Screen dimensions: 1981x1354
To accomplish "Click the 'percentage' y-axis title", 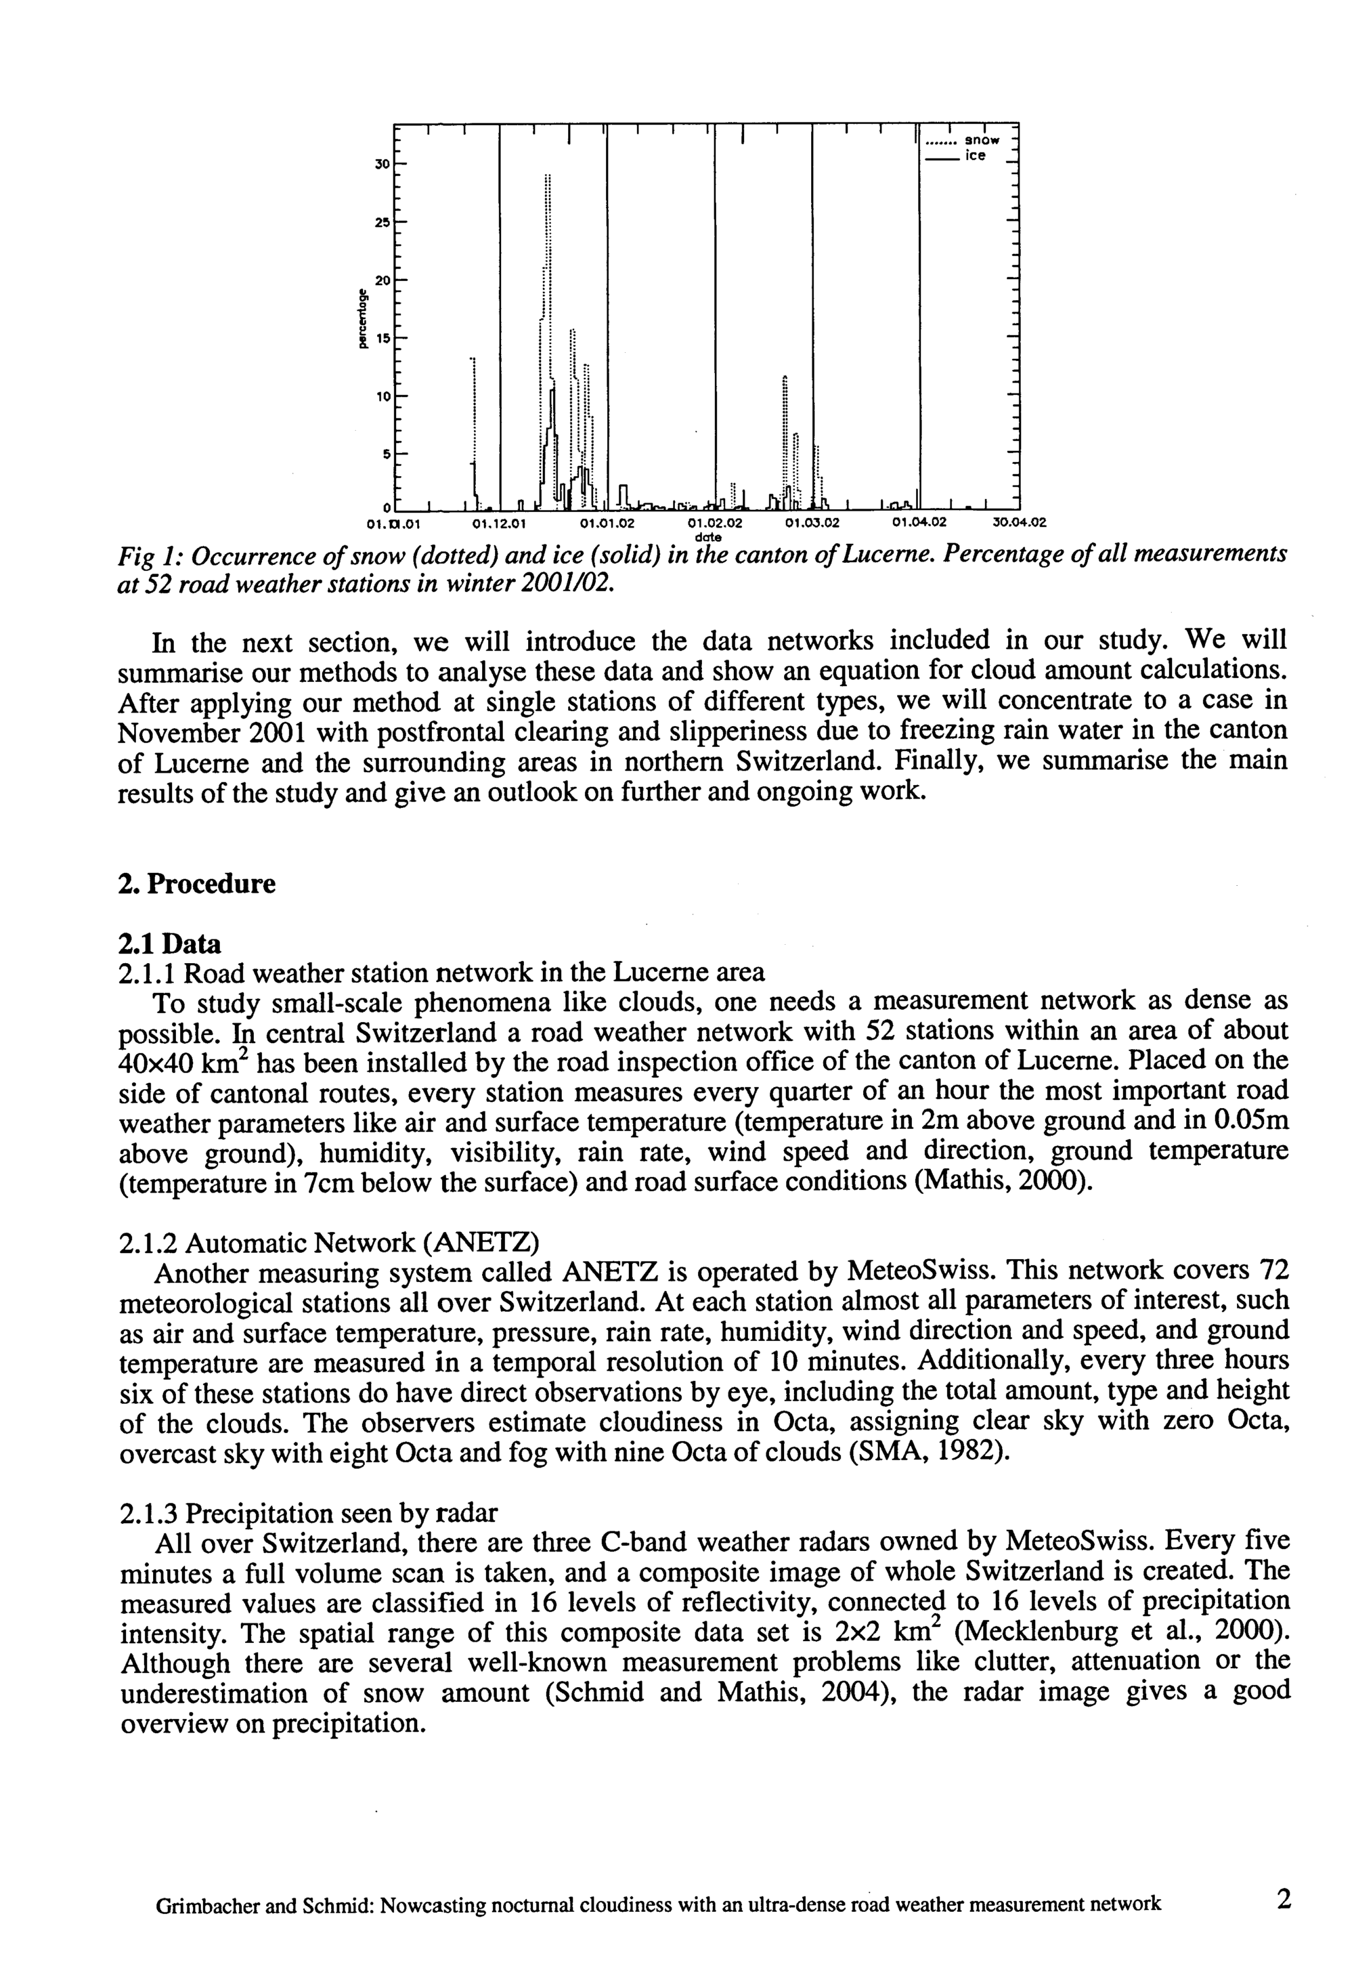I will click(362, 320).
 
